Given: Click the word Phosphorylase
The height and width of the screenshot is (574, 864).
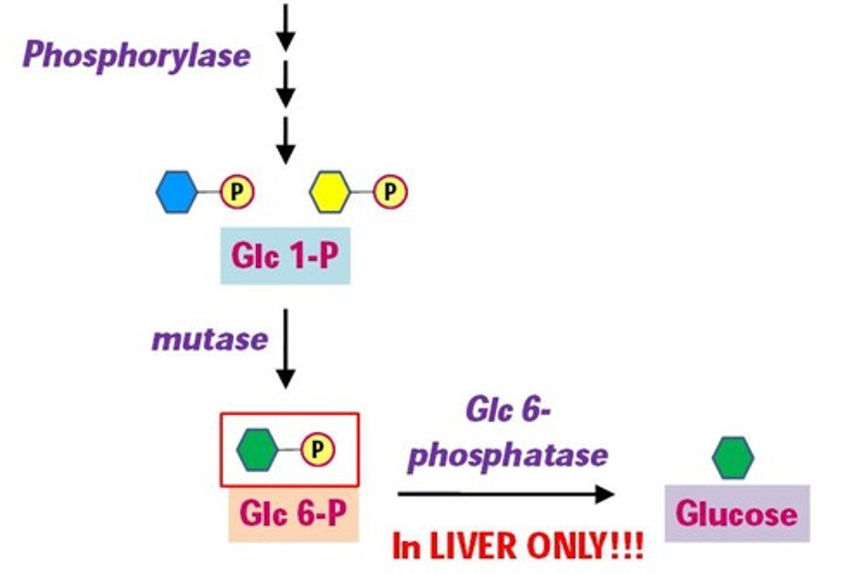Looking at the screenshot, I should [136, 55].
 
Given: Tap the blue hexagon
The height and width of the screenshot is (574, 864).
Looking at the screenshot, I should [176, 192].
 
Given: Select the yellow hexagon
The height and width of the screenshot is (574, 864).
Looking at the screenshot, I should [330, 192].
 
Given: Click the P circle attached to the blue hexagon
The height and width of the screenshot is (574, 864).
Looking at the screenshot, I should [237, 192].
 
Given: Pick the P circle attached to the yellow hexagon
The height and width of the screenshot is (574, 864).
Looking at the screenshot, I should [390, 192].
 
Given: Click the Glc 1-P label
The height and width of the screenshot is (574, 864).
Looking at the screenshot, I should [285, 256].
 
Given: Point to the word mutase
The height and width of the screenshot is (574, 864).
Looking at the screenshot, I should [209, 340].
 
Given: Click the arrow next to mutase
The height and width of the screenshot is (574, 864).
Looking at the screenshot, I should [286, 349].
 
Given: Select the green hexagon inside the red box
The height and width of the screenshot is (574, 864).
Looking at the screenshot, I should [257, 449].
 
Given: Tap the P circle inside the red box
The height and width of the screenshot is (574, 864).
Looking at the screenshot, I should [317, 449].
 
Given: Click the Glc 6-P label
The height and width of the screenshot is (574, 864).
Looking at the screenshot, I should [293, 514].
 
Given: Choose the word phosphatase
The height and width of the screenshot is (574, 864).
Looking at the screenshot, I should [508, 455].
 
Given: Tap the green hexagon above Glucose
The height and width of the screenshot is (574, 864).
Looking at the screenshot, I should [733, 458].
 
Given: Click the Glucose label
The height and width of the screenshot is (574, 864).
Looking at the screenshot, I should [737, 514].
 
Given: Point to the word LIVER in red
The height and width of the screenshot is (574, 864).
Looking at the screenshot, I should [473, 546].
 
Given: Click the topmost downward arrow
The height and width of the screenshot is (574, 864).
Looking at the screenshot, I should [286, 27].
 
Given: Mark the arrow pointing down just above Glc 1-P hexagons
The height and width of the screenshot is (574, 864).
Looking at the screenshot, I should [286, 140].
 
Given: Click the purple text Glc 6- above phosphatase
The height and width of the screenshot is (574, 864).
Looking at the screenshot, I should [508, 411].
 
